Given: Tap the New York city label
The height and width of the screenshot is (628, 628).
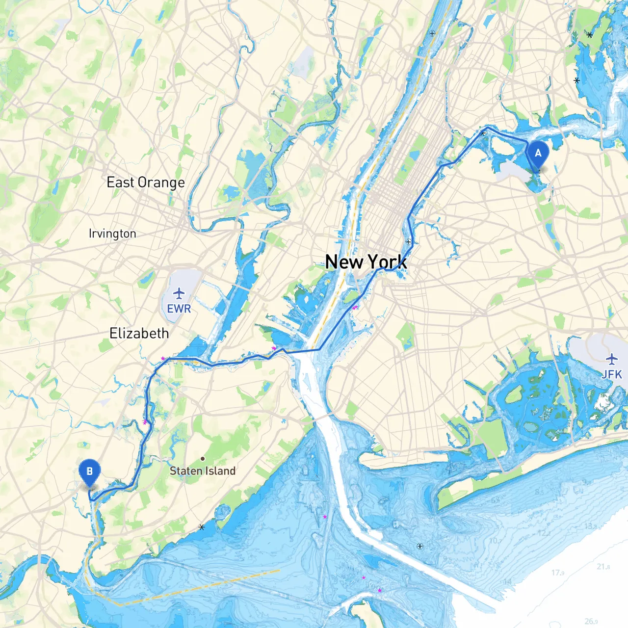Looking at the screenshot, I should [366, 262].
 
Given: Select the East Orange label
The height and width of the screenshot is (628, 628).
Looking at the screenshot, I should [146, 183].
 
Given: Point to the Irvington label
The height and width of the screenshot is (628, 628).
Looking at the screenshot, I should [112, 234].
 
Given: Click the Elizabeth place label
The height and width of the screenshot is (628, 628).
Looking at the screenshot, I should [139, 334].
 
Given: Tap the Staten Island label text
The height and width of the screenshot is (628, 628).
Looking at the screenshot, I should [203, 471].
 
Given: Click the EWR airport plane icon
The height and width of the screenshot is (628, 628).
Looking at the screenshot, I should [179, 294].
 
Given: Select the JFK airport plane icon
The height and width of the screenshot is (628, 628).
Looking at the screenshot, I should [611, 359].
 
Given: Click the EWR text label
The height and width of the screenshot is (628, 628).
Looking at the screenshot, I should [179, 309].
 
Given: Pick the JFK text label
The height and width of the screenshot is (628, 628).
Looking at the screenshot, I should [612, 374].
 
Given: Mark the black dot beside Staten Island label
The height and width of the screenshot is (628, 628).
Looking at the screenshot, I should [203, 459].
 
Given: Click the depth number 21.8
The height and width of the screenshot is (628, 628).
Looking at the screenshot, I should [603, 567].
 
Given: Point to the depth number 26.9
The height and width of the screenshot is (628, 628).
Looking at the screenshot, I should [591, 622].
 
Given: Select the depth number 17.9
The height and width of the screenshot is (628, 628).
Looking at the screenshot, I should [558, 573].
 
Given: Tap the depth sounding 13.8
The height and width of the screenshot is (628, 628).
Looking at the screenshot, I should [591, 526].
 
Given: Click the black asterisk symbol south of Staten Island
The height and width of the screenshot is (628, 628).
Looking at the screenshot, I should [202, 527].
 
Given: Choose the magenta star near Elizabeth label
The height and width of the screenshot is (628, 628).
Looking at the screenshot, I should [163, 359].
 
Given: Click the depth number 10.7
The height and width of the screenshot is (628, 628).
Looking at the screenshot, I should [495, 541].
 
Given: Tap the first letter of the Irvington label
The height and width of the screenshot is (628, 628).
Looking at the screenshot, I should [90, 233].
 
